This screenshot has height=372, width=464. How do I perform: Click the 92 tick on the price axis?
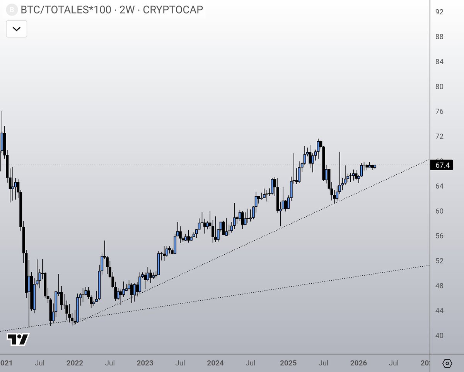pyautogui.click(x=439, y=12)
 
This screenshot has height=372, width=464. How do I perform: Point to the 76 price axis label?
pyautogui.click(x=439, y=111)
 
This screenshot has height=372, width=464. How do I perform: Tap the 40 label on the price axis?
pyautogui.click(x=439, y=336)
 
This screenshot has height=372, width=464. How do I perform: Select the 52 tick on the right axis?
pyautogui.click(x=439, y=261)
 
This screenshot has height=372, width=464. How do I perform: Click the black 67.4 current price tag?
pyautogui.click(x=442, y=165)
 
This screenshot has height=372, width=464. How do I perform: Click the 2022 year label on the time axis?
pyautogui.click(x=75, y=363)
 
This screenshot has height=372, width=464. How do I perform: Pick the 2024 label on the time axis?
pyautogui.click(x=215, y=363)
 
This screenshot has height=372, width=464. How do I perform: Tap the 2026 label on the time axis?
pyautogui.click(x=358, y=363)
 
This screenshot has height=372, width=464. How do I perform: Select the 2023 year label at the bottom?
pyautogui.click(x=145, y=363)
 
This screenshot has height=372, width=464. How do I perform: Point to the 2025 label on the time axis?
pyautogui.click(x=288, y=363)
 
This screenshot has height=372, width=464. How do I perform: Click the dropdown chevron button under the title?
pyautogui.click(x=17, y=29)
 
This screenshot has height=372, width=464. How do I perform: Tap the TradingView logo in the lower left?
pyautogui.click(x=18, y=339)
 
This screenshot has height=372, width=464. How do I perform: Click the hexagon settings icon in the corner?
pyautogui.click(x=447, y=363)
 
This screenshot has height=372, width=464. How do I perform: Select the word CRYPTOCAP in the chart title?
pyautogui.click(x=173, y=10)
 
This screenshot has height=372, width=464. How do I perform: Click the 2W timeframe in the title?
pyautogui.click(x=127, y=10)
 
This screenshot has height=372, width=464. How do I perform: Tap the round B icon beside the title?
pyautogui.click(x=13, y=10)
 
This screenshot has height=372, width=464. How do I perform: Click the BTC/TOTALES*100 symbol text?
pyautogui.click(x=67, y=10)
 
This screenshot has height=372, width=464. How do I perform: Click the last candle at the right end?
pyautogui.click(x=374, y=166)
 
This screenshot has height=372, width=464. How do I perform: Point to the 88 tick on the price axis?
pyautogui.click(x=439, y=37)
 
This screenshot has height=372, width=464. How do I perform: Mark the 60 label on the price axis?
pyautogui.click(x=439, y=211)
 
